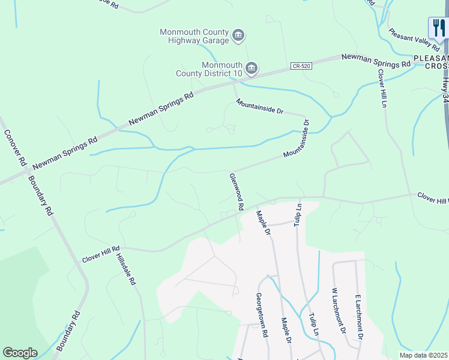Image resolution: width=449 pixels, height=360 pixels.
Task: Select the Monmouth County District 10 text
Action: [222, 69]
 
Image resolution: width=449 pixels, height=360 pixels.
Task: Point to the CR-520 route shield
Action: [303, 65]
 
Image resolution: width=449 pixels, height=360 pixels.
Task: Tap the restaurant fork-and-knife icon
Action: [438, 27]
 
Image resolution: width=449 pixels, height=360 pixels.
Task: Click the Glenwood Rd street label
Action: [236, 191]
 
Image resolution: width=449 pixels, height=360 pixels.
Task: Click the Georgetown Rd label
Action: [261, 315]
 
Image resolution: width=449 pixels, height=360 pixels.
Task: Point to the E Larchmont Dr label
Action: [358, 317]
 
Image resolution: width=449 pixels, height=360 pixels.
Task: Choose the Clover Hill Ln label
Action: [382, 88]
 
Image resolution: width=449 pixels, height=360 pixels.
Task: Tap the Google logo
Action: [20, 353]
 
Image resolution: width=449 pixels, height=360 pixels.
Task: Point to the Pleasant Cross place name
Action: [431, 62]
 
